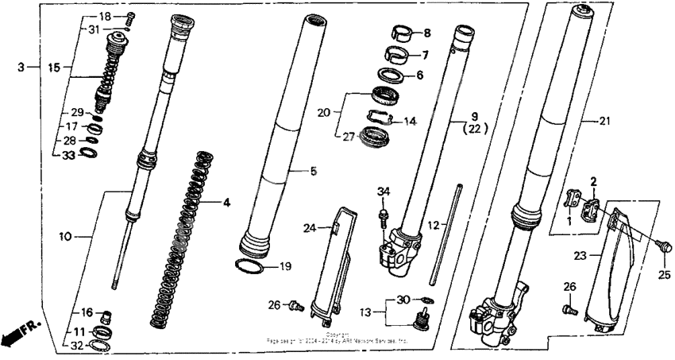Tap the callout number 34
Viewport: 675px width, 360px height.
pyautogui.click(x=384, y=191)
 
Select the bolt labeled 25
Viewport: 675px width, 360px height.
pyautogui.click(x=663, y=247)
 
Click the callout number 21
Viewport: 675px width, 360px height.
pyautogui.click(x=605, y=121)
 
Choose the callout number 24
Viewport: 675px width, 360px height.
pyautogui.click(x=311, y=228)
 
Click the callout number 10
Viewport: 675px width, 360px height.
pyautogui.click(x=65, y=236)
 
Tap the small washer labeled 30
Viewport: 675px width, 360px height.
pyautogui.click(x=428, y=300)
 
